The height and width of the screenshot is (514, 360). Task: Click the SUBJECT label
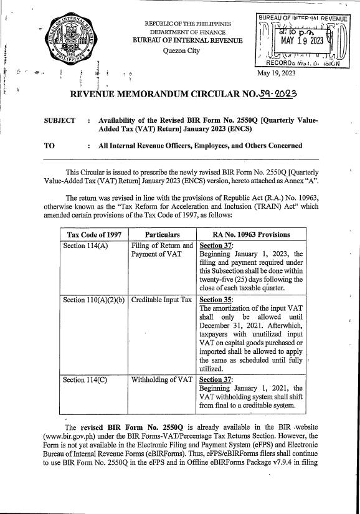pos(59,120)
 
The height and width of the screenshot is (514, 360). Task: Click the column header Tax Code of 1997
pos(94,234)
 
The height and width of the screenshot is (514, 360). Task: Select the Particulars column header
pos(162,234)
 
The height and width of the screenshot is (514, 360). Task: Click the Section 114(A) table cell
pos(86,245)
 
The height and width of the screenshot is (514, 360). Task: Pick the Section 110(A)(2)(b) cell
pos(94,300)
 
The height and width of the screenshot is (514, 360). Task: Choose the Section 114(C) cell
pos(86,378)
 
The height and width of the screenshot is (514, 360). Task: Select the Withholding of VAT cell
pos(160,378)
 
